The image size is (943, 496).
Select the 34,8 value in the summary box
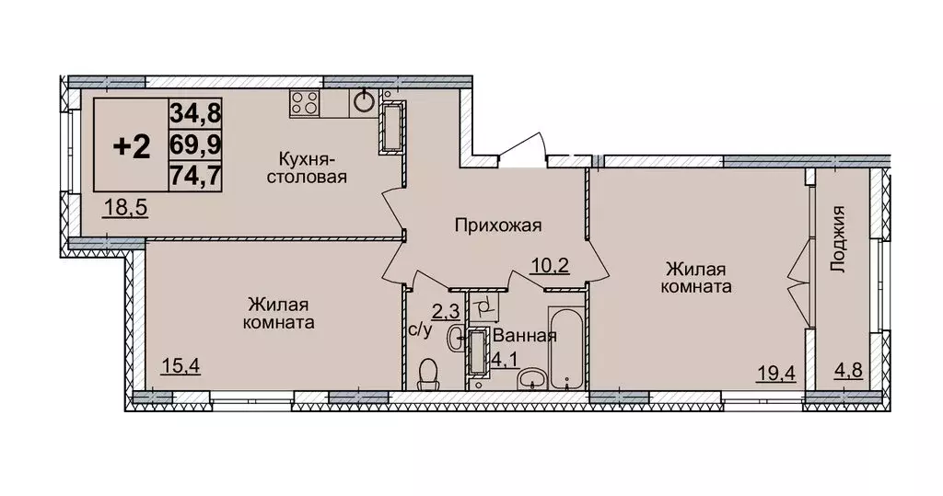coord(194,116)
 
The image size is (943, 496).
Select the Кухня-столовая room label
coord(307,168)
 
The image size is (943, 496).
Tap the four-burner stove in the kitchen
coord(304,102)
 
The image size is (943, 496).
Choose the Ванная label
coord(524,336)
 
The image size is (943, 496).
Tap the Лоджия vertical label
coord(837,241)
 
